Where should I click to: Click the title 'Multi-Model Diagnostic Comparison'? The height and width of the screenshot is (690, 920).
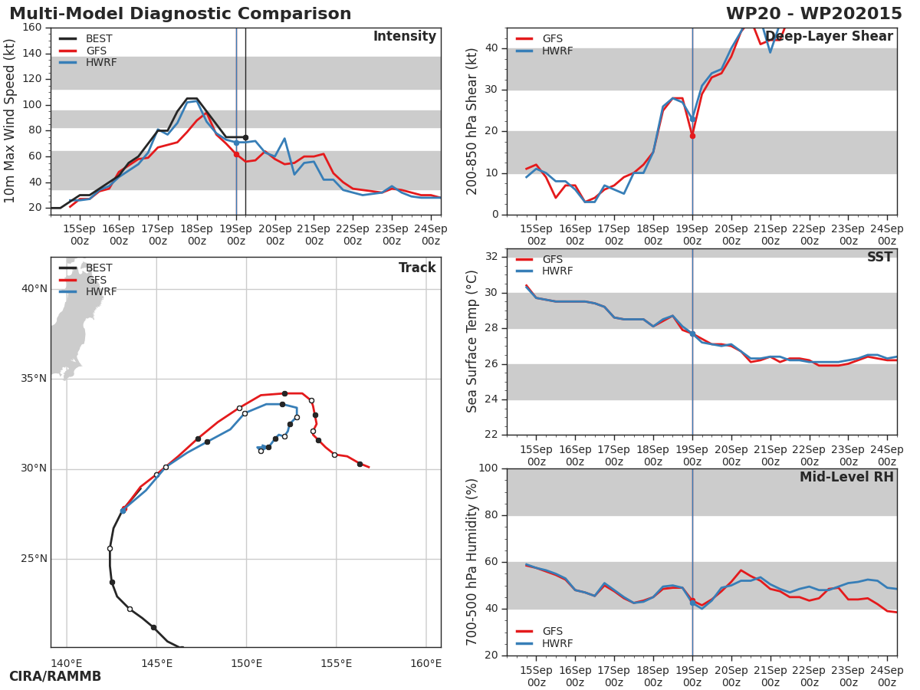point(180,14)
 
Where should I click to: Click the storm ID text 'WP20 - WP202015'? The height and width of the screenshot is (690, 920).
point(813,14)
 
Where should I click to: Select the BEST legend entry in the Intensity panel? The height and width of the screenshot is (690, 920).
point(98,38)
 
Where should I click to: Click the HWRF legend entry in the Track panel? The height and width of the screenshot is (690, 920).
point(101,292)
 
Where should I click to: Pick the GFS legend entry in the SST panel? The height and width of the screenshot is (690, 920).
point(552,260)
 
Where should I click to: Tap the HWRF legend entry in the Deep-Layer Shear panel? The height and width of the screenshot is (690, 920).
point(557,51)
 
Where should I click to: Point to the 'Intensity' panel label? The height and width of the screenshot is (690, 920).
point(404,37)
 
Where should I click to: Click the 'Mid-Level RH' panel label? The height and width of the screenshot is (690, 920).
point(846,478)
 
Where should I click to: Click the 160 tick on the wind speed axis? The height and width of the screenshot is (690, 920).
point(31,28)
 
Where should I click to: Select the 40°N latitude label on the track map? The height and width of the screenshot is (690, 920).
point(34,289)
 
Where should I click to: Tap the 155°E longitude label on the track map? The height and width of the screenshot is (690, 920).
point(336,663)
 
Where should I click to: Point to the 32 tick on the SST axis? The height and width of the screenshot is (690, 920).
point(491,257)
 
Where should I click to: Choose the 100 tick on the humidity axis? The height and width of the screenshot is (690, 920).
point(488,468)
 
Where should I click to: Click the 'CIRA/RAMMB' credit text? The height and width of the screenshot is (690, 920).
point(55,677)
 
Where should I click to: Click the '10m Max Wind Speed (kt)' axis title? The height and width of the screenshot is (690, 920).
point(10,121)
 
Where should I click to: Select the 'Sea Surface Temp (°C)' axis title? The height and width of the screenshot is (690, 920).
point(472,341)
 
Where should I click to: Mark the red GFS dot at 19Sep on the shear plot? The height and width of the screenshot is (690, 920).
point(692,136)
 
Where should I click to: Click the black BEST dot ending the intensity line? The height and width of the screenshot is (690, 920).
point(245,137)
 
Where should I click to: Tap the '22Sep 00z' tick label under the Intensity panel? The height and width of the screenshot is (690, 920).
point(353,235)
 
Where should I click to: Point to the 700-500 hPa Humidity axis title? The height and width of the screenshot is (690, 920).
point(472,561)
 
